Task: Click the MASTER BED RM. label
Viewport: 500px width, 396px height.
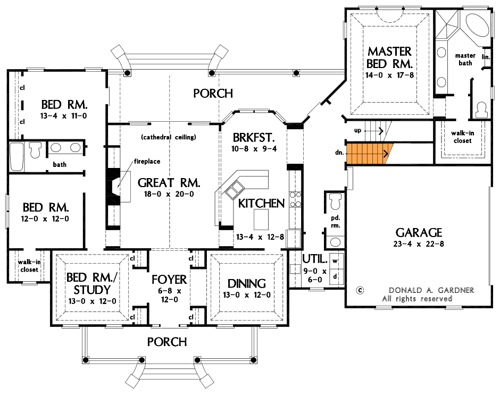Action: (389, 57)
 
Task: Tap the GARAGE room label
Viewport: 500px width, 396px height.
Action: (419, 233)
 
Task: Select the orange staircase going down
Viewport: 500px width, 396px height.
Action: (369, 154)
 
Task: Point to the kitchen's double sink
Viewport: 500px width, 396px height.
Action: (235, 190)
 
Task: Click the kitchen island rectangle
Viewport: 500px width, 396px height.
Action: (261, 219)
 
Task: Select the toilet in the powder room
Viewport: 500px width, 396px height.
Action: (335, 201)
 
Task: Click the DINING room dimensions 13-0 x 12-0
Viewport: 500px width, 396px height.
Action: (247, 295)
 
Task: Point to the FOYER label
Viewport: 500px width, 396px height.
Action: (169, 280)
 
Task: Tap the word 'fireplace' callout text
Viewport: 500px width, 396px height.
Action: (147, 162)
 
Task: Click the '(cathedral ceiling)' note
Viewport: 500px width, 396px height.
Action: (169, 137)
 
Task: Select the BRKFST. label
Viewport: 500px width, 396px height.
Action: (254, 138)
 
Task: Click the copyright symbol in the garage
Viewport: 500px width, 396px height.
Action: (360, 290)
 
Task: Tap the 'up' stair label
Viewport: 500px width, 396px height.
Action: (358, 130)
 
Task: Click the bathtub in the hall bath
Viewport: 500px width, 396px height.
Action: (16, 157)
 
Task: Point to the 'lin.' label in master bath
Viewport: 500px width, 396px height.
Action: (486, 57)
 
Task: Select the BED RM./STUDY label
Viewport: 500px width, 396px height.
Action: (91, 283)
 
